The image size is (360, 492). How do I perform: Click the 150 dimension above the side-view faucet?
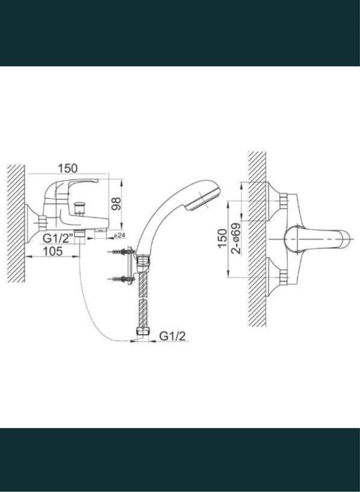67,169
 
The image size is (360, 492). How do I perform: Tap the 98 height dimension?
116,205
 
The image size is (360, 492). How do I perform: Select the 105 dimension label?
53,251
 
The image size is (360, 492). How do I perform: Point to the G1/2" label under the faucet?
58,238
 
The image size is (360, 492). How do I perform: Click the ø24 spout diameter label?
120,235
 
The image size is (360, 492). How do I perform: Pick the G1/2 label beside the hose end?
172,336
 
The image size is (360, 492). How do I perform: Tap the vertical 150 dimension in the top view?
222,239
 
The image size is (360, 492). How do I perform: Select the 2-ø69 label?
236,238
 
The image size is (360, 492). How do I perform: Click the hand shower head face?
203,198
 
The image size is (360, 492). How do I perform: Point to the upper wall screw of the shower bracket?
121,252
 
